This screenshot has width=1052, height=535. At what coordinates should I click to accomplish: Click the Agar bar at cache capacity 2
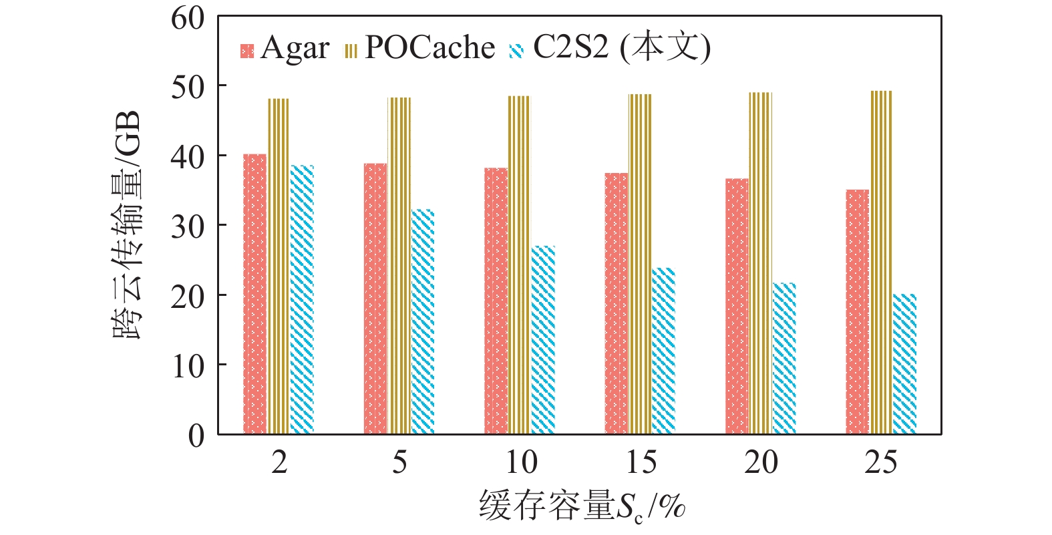tap(254, 294)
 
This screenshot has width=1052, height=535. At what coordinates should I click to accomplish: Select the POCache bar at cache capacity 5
tap(399, 266)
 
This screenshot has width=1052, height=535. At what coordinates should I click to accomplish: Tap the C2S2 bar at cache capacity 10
tap(543, 340)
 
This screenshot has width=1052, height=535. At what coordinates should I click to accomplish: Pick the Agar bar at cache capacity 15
tap(616, 303)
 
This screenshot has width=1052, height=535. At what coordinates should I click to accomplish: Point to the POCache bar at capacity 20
tap(760, 263)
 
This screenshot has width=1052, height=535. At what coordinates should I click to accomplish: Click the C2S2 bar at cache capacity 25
tap(904, 364)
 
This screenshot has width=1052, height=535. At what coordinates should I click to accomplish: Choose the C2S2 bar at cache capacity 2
tap(302, 300)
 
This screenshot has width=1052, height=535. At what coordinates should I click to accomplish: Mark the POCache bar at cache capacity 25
tap(881, 262)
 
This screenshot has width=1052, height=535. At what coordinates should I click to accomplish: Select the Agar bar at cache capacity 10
tap(496, 301)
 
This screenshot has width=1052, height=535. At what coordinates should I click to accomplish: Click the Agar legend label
tap(295, 48)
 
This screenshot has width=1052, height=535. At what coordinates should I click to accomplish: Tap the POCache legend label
tap(429, 48)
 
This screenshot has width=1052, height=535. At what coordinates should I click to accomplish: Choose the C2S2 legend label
tap(621, 48)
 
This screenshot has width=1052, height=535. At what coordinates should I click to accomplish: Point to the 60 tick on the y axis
tap(188, 18)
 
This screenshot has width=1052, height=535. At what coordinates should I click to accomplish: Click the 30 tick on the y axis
tap(188, 226)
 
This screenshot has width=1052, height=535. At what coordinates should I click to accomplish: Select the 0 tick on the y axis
tap(196, 435)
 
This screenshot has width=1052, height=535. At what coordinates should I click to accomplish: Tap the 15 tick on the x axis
tap(641, 462)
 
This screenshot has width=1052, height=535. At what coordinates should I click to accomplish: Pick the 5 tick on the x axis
tap(399, 462)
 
